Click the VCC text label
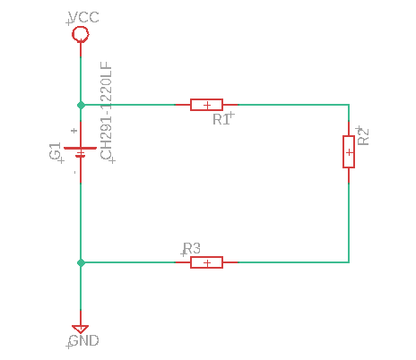[83, 17]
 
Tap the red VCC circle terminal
[81, 34]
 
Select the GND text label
[83, 340]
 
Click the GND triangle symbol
[81, 330]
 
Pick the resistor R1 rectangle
[206, 105]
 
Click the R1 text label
[221, 120]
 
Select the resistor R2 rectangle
[349, 151]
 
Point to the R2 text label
[363, 137]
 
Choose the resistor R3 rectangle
[206, 262]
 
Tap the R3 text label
[192, 248]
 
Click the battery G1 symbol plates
[81, 152]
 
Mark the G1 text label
[56, 151]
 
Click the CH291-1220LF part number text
[107, 111]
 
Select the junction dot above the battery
[81, 105]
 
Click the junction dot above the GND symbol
[81, 262]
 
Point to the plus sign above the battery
[74, 131]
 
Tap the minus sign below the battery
[74, 172]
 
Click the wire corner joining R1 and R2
[349, 105]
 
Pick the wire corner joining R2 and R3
[349, 262]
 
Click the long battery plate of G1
[81, 148]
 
